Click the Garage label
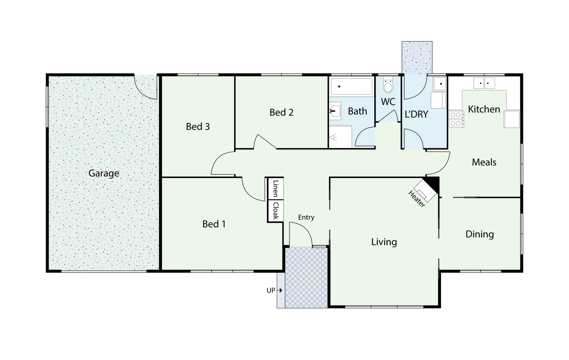click(104, 173)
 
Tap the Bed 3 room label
click(198, 127)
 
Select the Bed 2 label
click(281, 113)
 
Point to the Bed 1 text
click(214, 224)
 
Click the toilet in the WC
click(388, 85)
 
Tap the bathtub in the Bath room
click(352, 87)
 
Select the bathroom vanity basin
click(335, 111)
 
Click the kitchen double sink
click(484, 83)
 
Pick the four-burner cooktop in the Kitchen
click(456, 119)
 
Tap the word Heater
click(417, 199)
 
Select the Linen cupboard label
click(275, 189)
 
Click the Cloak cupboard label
click(275, 211)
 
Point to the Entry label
click(306, 217)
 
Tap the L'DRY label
click(416, 114)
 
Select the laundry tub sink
click(440, 84)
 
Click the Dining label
click(479, 234)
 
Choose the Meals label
click(484, 162)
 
